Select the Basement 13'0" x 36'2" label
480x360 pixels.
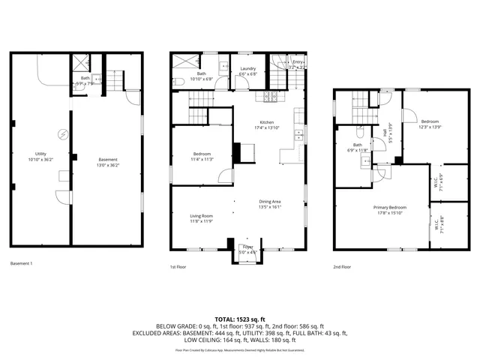108,159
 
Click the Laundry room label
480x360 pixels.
247,70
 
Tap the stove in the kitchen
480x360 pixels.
270,97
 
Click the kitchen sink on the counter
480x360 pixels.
298,136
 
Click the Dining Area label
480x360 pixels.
269,201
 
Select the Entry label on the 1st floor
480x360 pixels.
298,63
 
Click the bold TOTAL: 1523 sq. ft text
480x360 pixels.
240,319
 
